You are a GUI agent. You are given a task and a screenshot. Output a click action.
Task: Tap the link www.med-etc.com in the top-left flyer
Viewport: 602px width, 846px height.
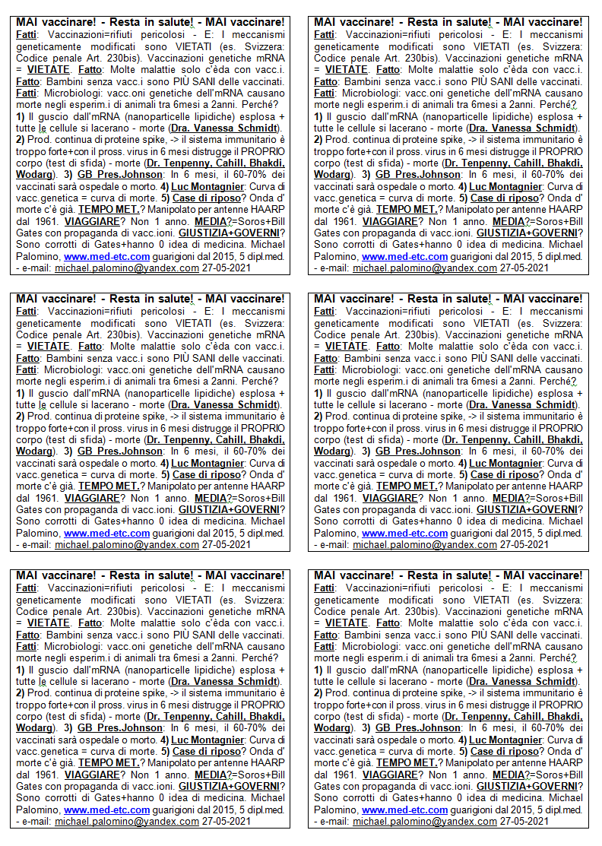tap(107, 256)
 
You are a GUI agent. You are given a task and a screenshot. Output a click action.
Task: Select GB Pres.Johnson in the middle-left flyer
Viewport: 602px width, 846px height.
tap(114, 452)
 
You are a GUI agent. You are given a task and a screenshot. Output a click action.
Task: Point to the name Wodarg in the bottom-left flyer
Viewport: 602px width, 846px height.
tap(33, 728)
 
